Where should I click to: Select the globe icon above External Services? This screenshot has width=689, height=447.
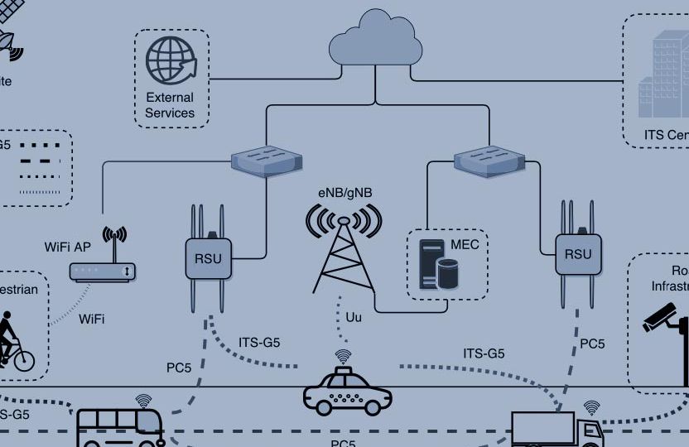[171, 60]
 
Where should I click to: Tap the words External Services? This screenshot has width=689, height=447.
[170, 105]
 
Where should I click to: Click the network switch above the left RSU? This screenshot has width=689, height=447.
[265, 160]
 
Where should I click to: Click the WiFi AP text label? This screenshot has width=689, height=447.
[68, 247]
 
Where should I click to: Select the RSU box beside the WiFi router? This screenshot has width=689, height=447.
[208, 257]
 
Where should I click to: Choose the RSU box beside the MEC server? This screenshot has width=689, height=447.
[578, 253]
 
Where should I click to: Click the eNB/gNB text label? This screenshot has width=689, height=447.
[344, 193]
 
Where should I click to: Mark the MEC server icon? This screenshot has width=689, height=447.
[439, 264]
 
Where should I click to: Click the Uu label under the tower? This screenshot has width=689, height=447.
[354, 317]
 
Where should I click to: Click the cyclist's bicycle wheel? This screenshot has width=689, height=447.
[23, 359]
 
